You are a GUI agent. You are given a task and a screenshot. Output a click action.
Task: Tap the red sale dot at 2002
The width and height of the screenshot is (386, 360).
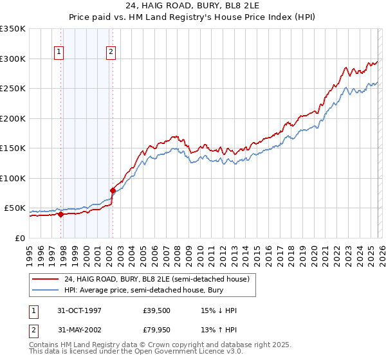coord(113,190)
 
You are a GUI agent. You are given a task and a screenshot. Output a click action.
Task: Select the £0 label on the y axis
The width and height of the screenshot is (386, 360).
coord(20,238)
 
